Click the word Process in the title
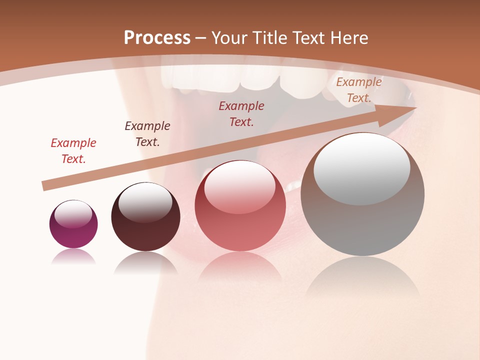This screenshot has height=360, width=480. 157,38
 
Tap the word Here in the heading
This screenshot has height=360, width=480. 349,38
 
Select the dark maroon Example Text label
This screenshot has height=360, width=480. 147,134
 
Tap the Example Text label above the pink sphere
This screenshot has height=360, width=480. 241,113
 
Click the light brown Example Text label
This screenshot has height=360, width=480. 359,90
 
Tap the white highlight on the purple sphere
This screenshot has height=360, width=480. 73,213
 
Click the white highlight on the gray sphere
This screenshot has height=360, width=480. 361,167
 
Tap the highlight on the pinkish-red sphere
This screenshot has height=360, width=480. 239,186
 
